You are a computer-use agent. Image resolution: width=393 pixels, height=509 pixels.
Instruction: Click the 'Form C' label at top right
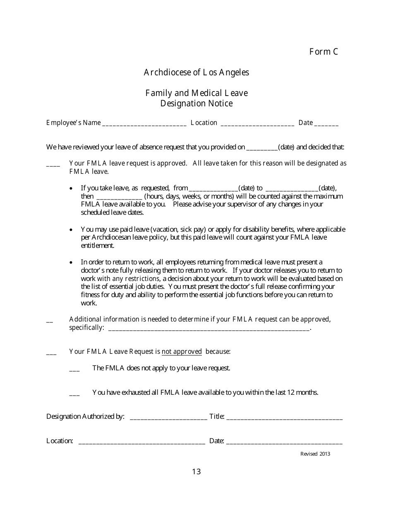point(324,52)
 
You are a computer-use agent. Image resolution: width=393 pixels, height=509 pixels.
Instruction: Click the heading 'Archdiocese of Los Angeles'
point(196,72)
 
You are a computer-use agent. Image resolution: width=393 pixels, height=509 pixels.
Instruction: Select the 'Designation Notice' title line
point(196,103)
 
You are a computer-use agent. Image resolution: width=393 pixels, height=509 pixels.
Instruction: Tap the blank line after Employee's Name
point(144,124)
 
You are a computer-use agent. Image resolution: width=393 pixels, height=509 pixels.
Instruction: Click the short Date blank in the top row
point(326,124)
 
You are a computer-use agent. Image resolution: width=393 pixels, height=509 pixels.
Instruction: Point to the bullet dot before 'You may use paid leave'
point(72,230)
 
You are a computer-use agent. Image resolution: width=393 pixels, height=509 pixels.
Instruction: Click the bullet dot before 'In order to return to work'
point(72,262)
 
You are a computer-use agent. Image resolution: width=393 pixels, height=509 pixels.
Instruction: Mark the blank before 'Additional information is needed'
point(50,321)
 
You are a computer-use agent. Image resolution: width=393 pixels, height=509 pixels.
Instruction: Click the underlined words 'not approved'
point(182,352)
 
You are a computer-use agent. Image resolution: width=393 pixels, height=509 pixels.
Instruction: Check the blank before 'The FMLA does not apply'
point(74,369)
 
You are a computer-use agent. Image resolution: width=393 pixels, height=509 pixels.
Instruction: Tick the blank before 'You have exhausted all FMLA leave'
point(74,394)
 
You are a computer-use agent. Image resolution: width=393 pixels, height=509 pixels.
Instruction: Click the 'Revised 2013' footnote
point(315,454)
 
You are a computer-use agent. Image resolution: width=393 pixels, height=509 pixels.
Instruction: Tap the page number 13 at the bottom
point(196,472)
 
